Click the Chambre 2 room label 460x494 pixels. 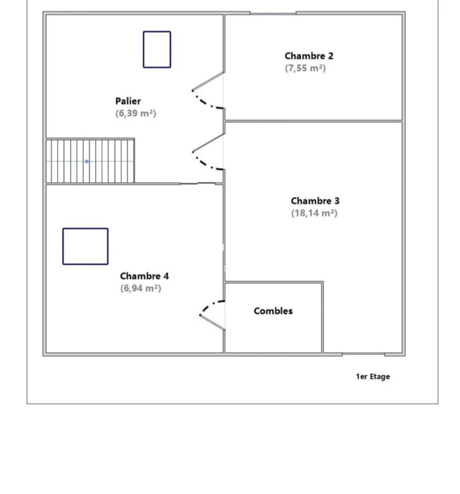pos(309,56)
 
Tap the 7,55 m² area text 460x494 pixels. pos(306,68)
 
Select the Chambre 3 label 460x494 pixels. pos(315,201)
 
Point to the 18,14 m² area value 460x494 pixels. pos(315,213)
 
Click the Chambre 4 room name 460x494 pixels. pos(144,277)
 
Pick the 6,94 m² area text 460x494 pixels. pos(141,288)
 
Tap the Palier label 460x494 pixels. pos(128,101)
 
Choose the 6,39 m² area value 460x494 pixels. pos(136,113)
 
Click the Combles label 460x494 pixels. pos(273,311)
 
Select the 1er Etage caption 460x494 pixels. pos(373,376)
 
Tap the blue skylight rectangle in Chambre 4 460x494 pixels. pos(86,228)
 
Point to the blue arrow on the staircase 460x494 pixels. pos(87,161)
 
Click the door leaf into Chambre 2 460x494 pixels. pos(208,82)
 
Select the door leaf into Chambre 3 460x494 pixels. pos(208,143)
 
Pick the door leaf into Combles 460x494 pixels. pos(212,322)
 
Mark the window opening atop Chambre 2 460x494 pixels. pos(273,14)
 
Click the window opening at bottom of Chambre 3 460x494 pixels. pos(363,354)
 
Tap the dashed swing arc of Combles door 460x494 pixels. pos(209,304)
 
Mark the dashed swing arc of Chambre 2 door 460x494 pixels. pos(205,103)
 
